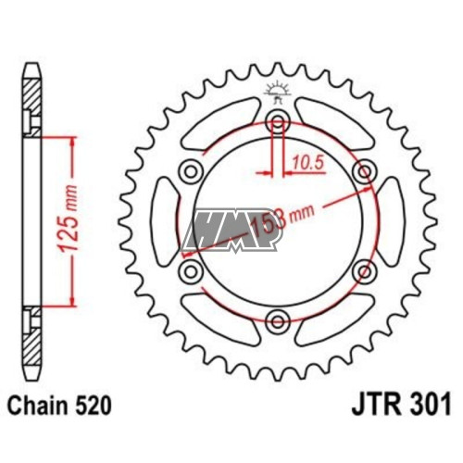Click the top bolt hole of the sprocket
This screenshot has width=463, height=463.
[278, 122]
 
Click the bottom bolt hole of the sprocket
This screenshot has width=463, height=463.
[278, 322]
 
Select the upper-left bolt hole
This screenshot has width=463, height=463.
[191, 172]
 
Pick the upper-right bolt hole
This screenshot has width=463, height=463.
[365, 172]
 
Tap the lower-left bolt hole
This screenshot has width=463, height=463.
[191, 272]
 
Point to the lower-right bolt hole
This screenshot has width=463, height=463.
[365, 272]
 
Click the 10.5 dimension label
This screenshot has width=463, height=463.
[307, 163]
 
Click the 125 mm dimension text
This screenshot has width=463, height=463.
[68, 219]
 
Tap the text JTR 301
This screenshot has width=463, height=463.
[401, 404]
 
